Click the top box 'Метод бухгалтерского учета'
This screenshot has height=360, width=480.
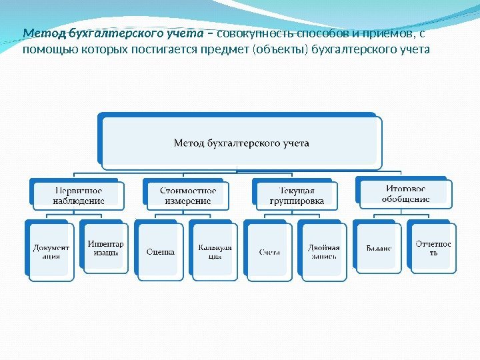241,143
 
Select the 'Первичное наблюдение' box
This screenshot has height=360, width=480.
78,195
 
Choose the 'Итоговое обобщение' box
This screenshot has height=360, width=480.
405,193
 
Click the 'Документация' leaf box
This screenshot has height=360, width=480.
51,251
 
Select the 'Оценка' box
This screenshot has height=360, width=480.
161,251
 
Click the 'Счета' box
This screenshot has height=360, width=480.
269,251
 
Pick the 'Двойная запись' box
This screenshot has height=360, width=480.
323,251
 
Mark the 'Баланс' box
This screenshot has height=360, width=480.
379,249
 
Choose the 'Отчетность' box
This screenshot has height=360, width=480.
433,249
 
